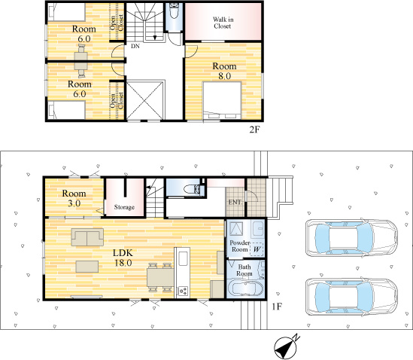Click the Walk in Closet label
(223, 23)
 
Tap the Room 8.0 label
(224, 71)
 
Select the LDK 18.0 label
(123, 258)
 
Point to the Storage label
(124, 207)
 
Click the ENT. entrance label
(235, 203)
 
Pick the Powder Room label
(240, 246)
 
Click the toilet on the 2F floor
(174, 11)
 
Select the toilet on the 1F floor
(192, 189)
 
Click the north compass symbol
(287, 347)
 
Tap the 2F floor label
(255, 130)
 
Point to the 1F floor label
(277, 307)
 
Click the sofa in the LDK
(87, 237)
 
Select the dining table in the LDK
(160, 277)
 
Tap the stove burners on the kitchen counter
(183, 291)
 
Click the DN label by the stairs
(135, 47)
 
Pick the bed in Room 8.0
(222, 100)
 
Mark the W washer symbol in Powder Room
(257, 249)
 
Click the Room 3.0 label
(74, 198)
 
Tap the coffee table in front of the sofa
(87, 267)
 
